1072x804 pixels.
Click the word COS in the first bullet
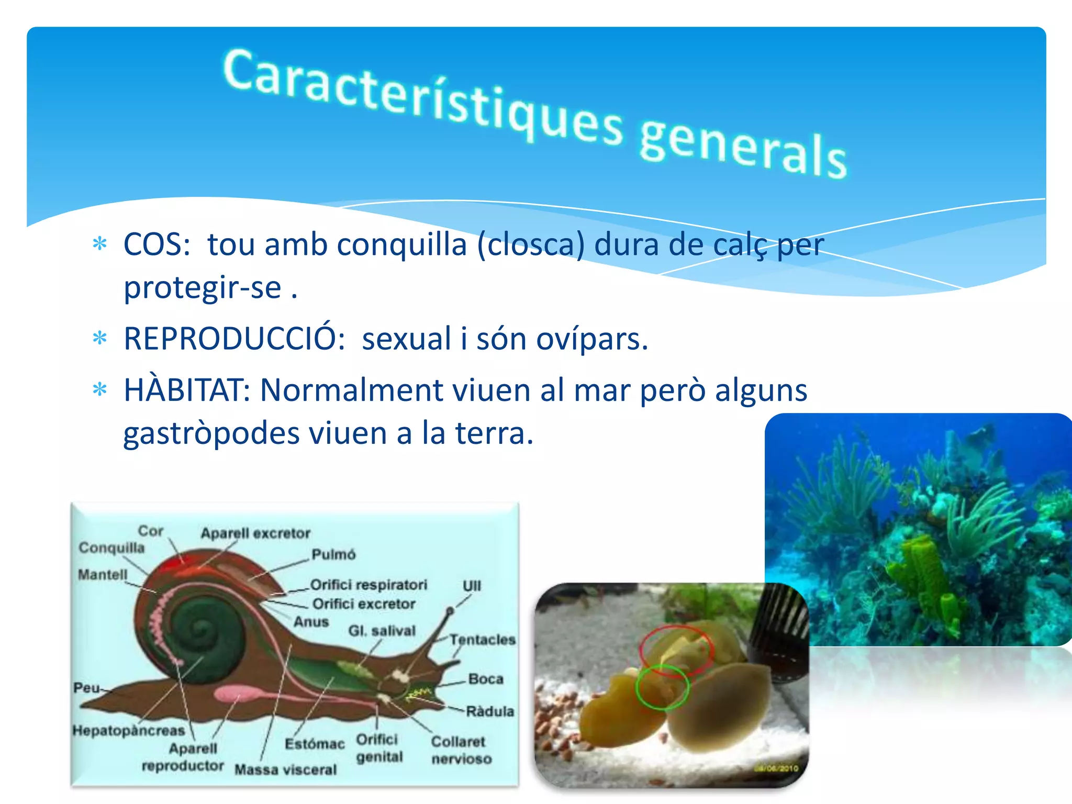tap(156, 244)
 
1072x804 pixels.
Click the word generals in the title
tap(742, 149)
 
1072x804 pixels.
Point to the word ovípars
tap(592, 340)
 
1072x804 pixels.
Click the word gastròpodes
tap(211, 434)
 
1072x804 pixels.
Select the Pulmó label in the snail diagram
tap(333, 554)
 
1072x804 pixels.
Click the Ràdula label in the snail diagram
tap(490, 711)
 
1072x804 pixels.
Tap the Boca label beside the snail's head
tap(486, 679)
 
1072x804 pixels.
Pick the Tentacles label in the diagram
tap(482, 640)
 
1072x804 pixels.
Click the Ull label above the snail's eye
tap(472, 586)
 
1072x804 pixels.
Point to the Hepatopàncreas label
tap(129, 730)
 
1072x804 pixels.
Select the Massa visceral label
tap(285, 769)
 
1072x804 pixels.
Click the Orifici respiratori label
tap(368, 585)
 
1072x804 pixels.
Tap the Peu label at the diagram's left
tap(86, 688)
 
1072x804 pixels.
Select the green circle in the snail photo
tap(662, 687)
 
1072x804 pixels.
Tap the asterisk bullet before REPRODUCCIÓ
tap(99, 339)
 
